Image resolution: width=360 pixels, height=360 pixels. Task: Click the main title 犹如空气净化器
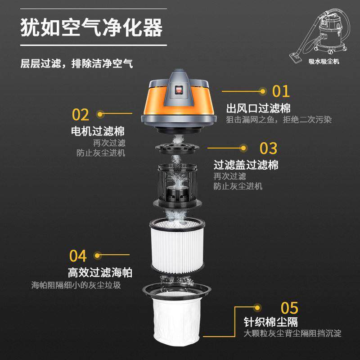91,28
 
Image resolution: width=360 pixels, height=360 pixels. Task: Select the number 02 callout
81,115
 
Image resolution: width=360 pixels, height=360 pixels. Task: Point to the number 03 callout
269,148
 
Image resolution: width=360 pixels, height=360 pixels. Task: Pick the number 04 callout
78,256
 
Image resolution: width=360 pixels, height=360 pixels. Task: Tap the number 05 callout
289,308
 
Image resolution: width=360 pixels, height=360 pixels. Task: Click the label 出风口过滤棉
258,108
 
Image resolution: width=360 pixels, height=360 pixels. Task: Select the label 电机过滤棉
98,131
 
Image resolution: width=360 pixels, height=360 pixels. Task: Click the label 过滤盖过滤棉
246,165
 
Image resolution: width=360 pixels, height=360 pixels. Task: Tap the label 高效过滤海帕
100,273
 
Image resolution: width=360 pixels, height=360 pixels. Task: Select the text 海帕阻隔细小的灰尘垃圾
76,285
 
